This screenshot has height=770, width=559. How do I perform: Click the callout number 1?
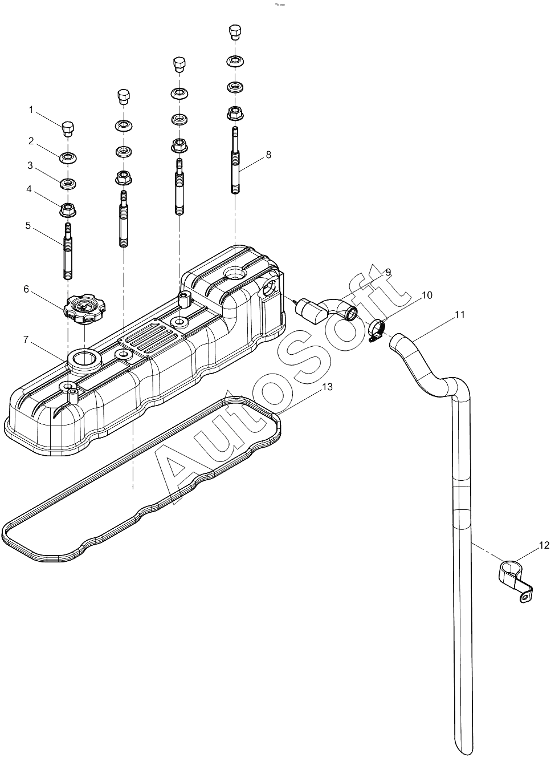pos(31,110)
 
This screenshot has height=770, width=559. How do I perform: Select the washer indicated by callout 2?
pos(68,158)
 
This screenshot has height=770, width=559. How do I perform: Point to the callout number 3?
pos(30,165)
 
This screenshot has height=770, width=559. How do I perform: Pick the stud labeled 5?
pos(68,250)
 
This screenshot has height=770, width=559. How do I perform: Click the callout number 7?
pos(26,339)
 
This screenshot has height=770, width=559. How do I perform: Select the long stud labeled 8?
pos(235,160)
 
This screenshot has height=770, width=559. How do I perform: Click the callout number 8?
pos(268,155)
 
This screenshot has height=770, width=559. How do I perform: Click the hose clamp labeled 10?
pos(377,331)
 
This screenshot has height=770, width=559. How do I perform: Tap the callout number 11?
pos(459,314)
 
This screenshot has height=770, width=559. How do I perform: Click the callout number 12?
pos(544,545)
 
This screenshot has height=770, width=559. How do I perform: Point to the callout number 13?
pos(328,387)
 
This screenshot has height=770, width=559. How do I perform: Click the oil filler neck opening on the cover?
pos(84,359)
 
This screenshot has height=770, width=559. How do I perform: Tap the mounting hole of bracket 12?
pos(524,599)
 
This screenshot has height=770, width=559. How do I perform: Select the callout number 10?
pos(427,295)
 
